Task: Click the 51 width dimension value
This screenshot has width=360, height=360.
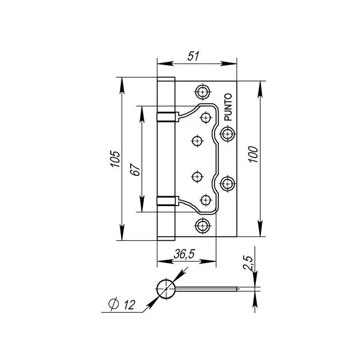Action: click(193, 56)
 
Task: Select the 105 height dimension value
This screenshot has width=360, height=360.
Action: click(115, 159)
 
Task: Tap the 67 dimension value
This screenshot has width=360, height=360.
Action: click(135, 170)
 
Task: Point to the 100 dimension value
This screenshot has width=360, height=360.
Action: click(253, 154)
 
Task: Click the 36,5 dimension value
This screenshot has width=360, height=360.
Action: click(184, 254)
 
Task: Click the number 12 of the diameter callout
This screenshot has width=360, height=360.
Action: click(129, 305)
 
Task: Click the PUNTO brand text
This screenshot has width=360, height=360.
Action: click(228, 107)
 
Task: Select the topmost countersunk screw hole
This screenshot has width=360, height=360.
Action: click(202, 92)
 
